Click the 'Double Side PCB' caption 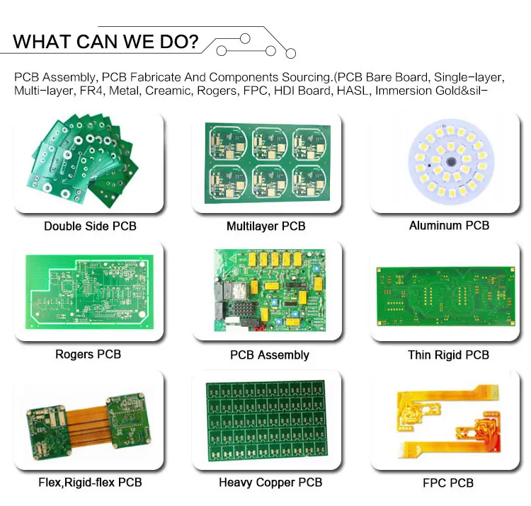point(90,226)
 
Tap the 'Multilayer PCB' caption point(265,226)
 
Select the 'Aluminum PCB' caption point(449,226)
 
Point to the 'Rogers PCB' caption point(88,354)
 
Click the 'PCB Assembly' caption point(270,355)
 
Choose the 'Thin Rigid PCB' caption point(448,355)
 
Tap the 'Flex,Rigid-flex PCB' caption point(90,483)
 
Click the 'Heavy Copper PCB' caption point(270,483)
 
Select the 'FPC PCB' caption point(448,483)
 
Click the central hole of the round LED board point(451,161)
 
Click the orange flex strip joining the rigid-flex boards point(87,427)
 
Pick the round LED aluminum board point(451,162)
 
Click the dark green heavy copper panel point(267,420)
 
